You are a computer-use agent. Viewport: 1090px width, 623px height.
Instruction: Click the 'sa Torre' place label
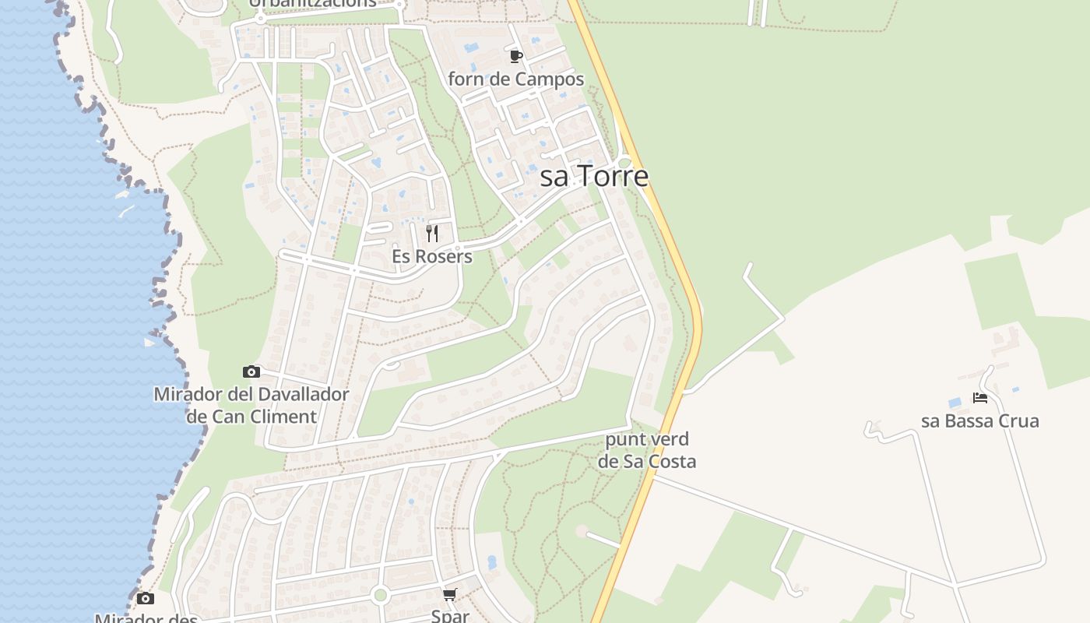click(x=594, y=177)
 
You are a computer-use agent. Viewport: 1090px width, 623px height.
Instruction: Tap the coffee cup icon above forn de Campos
click(x=515, y=56)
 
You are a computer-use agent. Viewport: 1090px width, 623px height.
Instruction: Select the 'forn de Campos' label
click(x=515, y=79)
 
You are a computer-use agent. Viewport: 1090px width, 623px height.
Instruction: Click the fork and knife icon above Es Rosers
click(x=432, y=233)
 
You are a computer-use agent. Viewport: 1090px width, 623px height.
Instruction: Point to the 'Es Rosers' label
click(x=432, y=257)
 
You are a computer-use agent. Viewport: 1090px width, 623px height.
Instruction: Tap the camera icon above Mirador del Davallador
click(x=251, y=371)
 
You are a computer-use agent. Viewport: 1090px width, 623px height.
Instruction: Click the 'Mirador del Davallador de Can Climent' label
click(x=251, y=405)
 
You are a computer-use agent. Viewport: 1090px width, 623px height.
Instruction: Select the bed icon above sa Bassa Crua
click(x=980, y=398)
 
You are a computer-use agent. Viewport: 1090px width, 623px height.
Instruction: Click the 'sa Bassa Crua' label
click(x=980, y=421)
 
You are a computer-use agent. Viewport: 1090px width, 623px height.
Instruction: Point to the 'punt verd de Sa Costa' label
click(x=647, y=450)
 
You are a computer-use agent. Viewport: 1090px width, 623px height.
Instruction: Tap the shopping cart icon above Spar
click(x=449, y=595)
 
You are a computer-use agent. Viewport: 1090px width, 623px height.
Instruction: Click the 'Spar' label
click(x=450, y=615)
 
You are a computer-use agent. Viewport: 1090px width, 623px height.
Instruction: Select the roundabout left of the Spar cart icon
click(x=380, y=596)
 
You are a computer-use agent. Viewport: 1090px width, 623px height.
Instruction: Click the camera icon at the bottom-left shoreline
click(x=145, y=598)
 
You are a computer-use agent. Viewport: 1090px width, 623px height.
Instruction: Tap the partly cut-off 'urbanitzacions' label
click(x=313, y=3)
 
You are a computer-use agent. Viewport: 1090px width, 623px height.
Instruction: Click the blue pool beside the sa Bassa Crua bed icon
click(x=955, y=403)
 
